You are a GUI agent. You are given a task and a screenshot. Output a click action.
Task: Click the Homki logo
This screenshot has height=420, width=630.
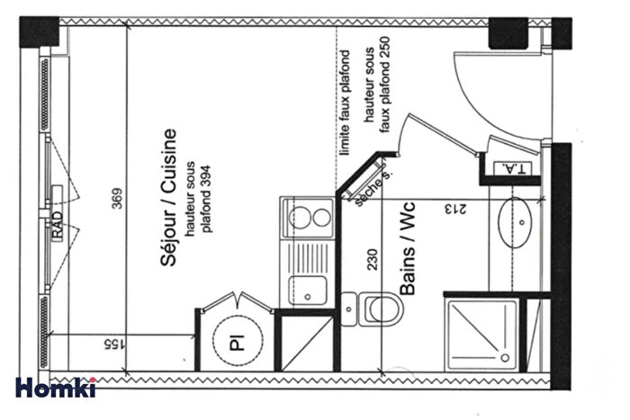(x=56, y=388)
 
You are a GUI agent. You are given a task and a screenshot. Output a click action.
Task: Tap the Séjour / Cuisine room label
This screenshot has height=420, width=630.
(x=167, y=198)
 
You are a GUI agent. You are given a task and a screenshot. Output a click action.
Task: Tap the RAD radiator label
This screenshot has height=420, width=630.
(x=58, y=231)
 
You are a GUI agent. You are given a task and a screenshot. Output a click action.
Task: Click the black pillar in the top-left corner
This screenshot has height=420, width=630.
(x=39, y=32)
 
